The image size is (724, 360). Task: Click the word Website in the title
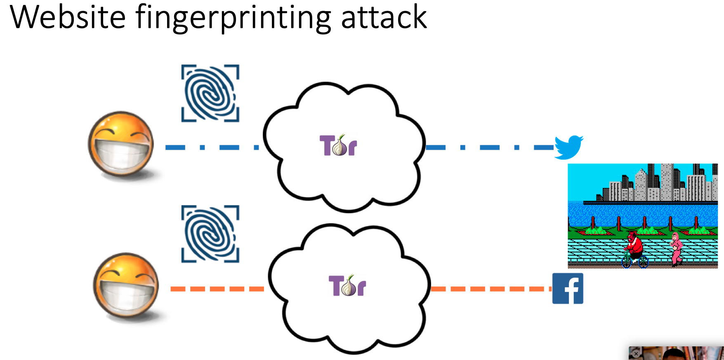(68, 17)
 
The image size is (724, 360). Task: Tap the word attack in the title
(384, 17)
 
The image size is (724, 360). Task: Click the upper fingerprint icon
(210, 93)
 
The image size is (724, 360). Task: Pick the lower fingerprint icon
(210, 234)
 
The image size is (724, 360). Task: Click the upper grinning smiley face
(121, 145)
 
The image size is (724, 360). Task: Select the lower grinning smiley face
(126, 286)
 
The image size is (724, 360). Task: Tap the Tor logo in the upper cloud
(338, 145)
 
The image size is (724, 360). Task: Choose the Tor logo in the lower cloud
(347, 285)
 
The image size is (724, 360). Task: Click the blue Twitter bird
(568, 147)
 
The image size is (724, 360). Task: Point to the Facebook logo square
(568, 288)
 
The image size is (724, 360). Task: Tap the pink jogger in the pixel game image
(676, 247)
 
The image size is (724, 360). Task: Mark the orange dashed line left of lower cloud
(217, 289)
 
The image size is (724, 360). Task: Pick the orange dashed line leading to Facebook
(491, 289)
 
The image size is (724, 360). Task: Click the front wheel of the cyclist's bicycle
(626, 261)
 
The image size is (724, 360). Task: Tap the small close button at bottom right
(636, 353)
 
